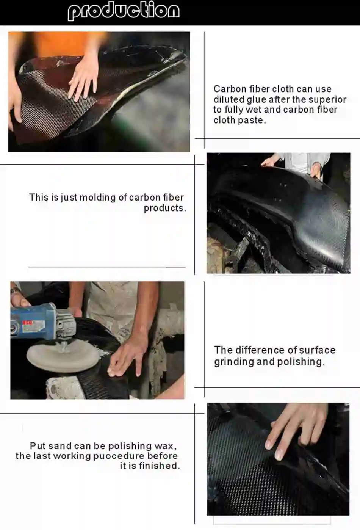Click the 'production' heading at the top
[124, 11]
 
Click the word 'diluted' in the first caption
[229, 100]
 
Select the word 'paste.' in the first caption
[252, 121]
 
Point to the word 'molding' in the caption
[97, 198]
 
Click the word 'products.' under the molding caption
[165, 208]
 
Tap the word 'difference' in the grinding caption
[258, 350]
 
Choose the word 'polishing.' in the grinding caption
[301, 362]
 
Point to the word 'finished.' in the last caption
[159, 466]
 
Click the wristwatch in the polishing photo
[15, 290]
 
